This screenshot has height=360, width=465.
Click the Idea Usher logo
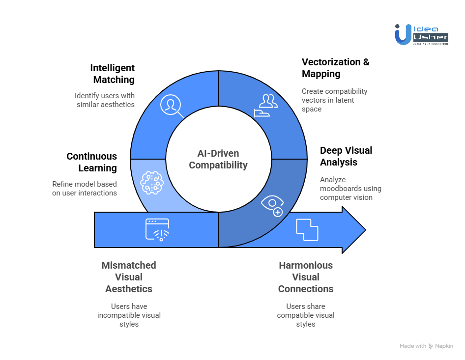(421, 34)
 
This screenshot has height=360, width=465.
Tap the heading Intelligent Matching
(113, 74)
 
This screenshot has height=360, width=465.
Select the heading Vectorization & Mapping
(335, 68)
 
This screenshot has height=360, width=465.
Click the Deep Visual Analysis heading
(346, 156)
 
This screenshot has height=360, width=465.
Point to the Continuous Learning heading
(92, 162)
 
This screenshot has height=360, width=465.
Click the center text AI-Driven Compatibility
(218, 160)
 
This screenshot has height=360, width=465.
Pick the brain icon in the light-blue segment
(152, 182)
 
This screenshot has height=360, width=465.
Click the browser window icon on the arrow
(157, 229)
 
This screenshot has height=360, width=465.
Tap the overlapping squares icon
(307, 230)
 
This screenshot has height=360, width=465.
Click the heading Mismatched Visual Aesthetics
(129, 277)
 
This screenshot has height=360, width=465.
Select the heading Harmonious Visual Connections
(306, 277)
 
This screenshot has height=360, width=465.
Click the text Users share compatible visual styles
(306, 315)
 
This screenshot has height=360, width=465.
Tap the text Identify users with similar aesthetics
(105, 100)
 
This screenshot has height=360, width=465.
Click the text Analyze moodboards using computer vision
(350, 189)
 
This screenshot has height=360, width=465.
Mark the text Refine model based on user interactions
(85, 189)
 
